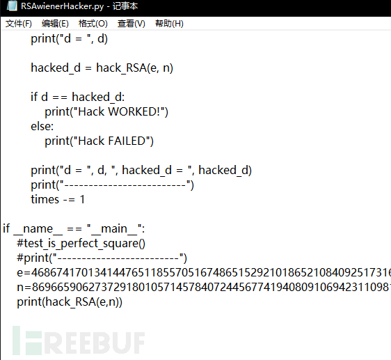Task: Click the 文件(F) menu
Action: (19, 24)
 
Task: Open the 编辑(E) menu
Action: (55, 24)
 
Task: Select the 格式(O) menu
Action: (93, 24)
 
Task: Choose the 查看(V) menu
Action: (131, 24)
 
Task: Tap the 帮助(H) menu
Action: (169, 24)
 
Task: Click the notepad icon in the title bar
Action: (12, 6)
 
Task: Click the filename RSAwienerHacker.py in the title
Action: (63, 6)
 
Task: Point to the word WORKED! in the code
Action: (134, 111)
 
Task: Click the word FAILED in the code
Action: (127, 141)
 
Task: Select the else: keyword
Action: (42, 126)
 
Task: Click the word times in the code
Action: (45, 199)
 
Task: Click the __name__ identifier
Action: (38, 229)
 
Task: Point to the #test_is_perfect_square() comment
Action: (81, 244)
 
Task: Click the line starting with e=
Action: (204, 273)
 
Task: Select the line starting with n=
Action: (204, 288)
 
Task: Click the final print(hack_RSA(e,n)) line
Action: (70, 302)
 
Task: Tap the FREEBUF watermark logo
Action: (79, 341)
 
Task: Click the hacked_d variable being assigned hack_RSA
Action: (56, 68)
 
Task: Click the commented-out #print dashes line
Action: (102, 258)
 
